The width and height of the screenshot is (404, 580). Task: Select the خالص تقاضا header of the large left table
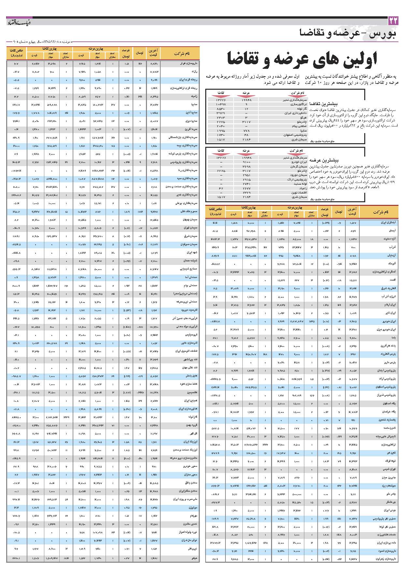(x=16, y=53)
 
